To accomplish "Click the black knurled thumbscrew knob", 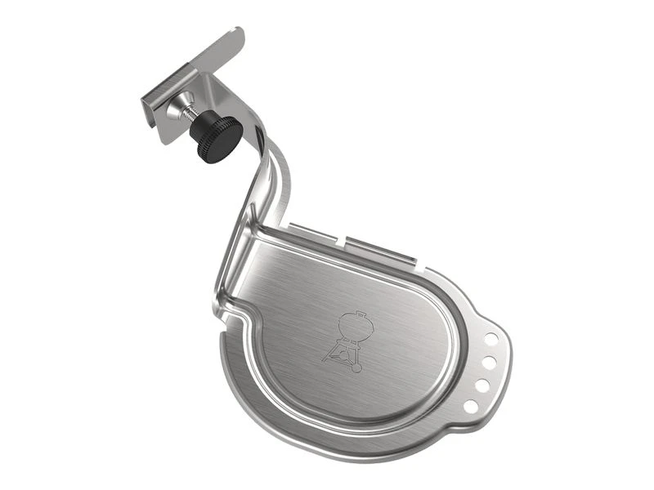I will [217, 131].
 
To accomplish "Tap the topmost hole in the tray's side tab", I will [490, 336].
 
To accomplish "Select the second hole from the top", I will [488, 359].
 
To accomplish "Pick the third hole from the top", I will [482, 383].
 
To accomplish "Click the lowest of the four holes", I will [471, 405].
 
